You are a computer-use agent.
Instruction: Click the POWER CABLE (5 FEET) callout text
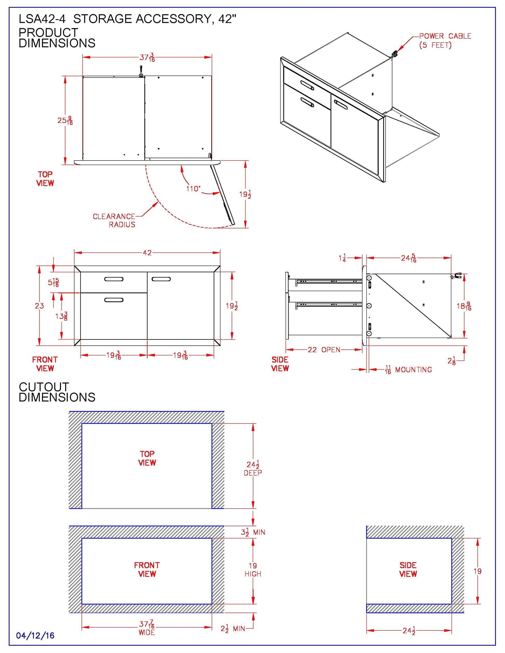click(445, 41)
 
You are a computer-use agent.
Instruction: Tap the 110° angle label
click(193, 189)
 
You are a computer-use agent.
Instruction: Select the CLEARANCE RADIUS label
click(114, 220)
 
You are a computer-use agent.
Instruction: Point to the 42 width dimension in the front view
click(147, 253)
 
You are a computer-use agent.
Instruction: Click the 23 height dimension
click(39, 305)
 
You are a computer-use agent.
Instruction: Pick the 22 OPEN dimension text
click(324, 350)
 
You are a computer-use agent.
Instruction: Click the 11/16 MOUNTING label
click(409, 370)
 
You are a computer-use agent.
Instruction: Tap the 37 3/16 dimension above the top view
click(147, 57)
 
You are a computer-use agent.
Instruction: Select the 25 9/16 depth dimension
click(65, 121)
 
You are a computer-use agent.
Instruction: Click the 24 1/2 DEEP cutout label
click(253, 468)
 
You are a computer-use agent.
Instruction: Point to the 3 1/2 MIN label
click(253, 532)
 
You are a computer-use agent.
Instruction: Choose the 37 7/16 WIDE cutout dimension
click(147, 628)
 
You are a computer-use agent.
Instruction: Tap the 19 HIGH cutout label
click(253, 569)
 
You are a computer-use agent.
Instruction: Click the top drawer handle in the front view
click(114, 279)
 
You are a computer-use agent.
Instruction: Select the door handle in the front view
click(161, 279)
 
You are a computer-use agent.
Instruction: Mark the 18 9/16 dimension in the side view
click(464, 306)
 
